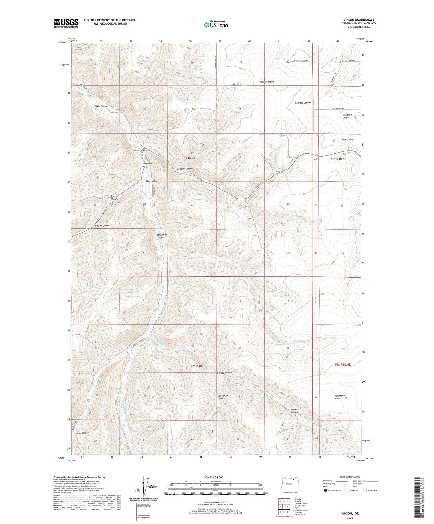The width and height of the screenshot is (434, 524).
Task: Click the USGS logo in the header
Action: click(66, 23)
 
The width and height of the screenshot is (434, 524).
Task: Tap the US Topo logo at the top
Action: click(216, 25)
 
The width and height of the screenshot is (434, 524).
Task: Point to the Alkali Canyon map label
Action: click(267, 82)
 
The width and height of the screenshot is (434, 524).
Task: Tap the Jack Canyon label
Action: click(348, 139)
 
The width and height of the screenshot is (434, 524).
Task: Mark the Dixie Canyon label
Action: click(101, 106)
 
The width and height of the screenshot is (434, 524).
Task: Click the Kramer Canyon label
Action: click(185, 169)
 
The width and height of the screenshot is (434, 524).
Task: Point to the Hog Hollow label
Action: click(152, 181)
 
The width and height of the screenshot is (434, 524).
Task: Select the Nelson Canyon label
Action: click(102, 225)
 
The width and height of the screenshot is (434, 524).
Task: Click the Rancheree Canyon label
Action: click(160, 236)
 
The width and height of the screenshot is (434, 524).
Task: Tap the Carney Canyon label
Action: click(225, 372)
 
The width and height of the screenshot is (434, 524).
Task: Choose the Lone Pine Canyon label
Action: click(223, 397)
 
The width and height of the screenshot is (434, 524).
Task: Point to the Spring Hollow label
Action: click(82, 433)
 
